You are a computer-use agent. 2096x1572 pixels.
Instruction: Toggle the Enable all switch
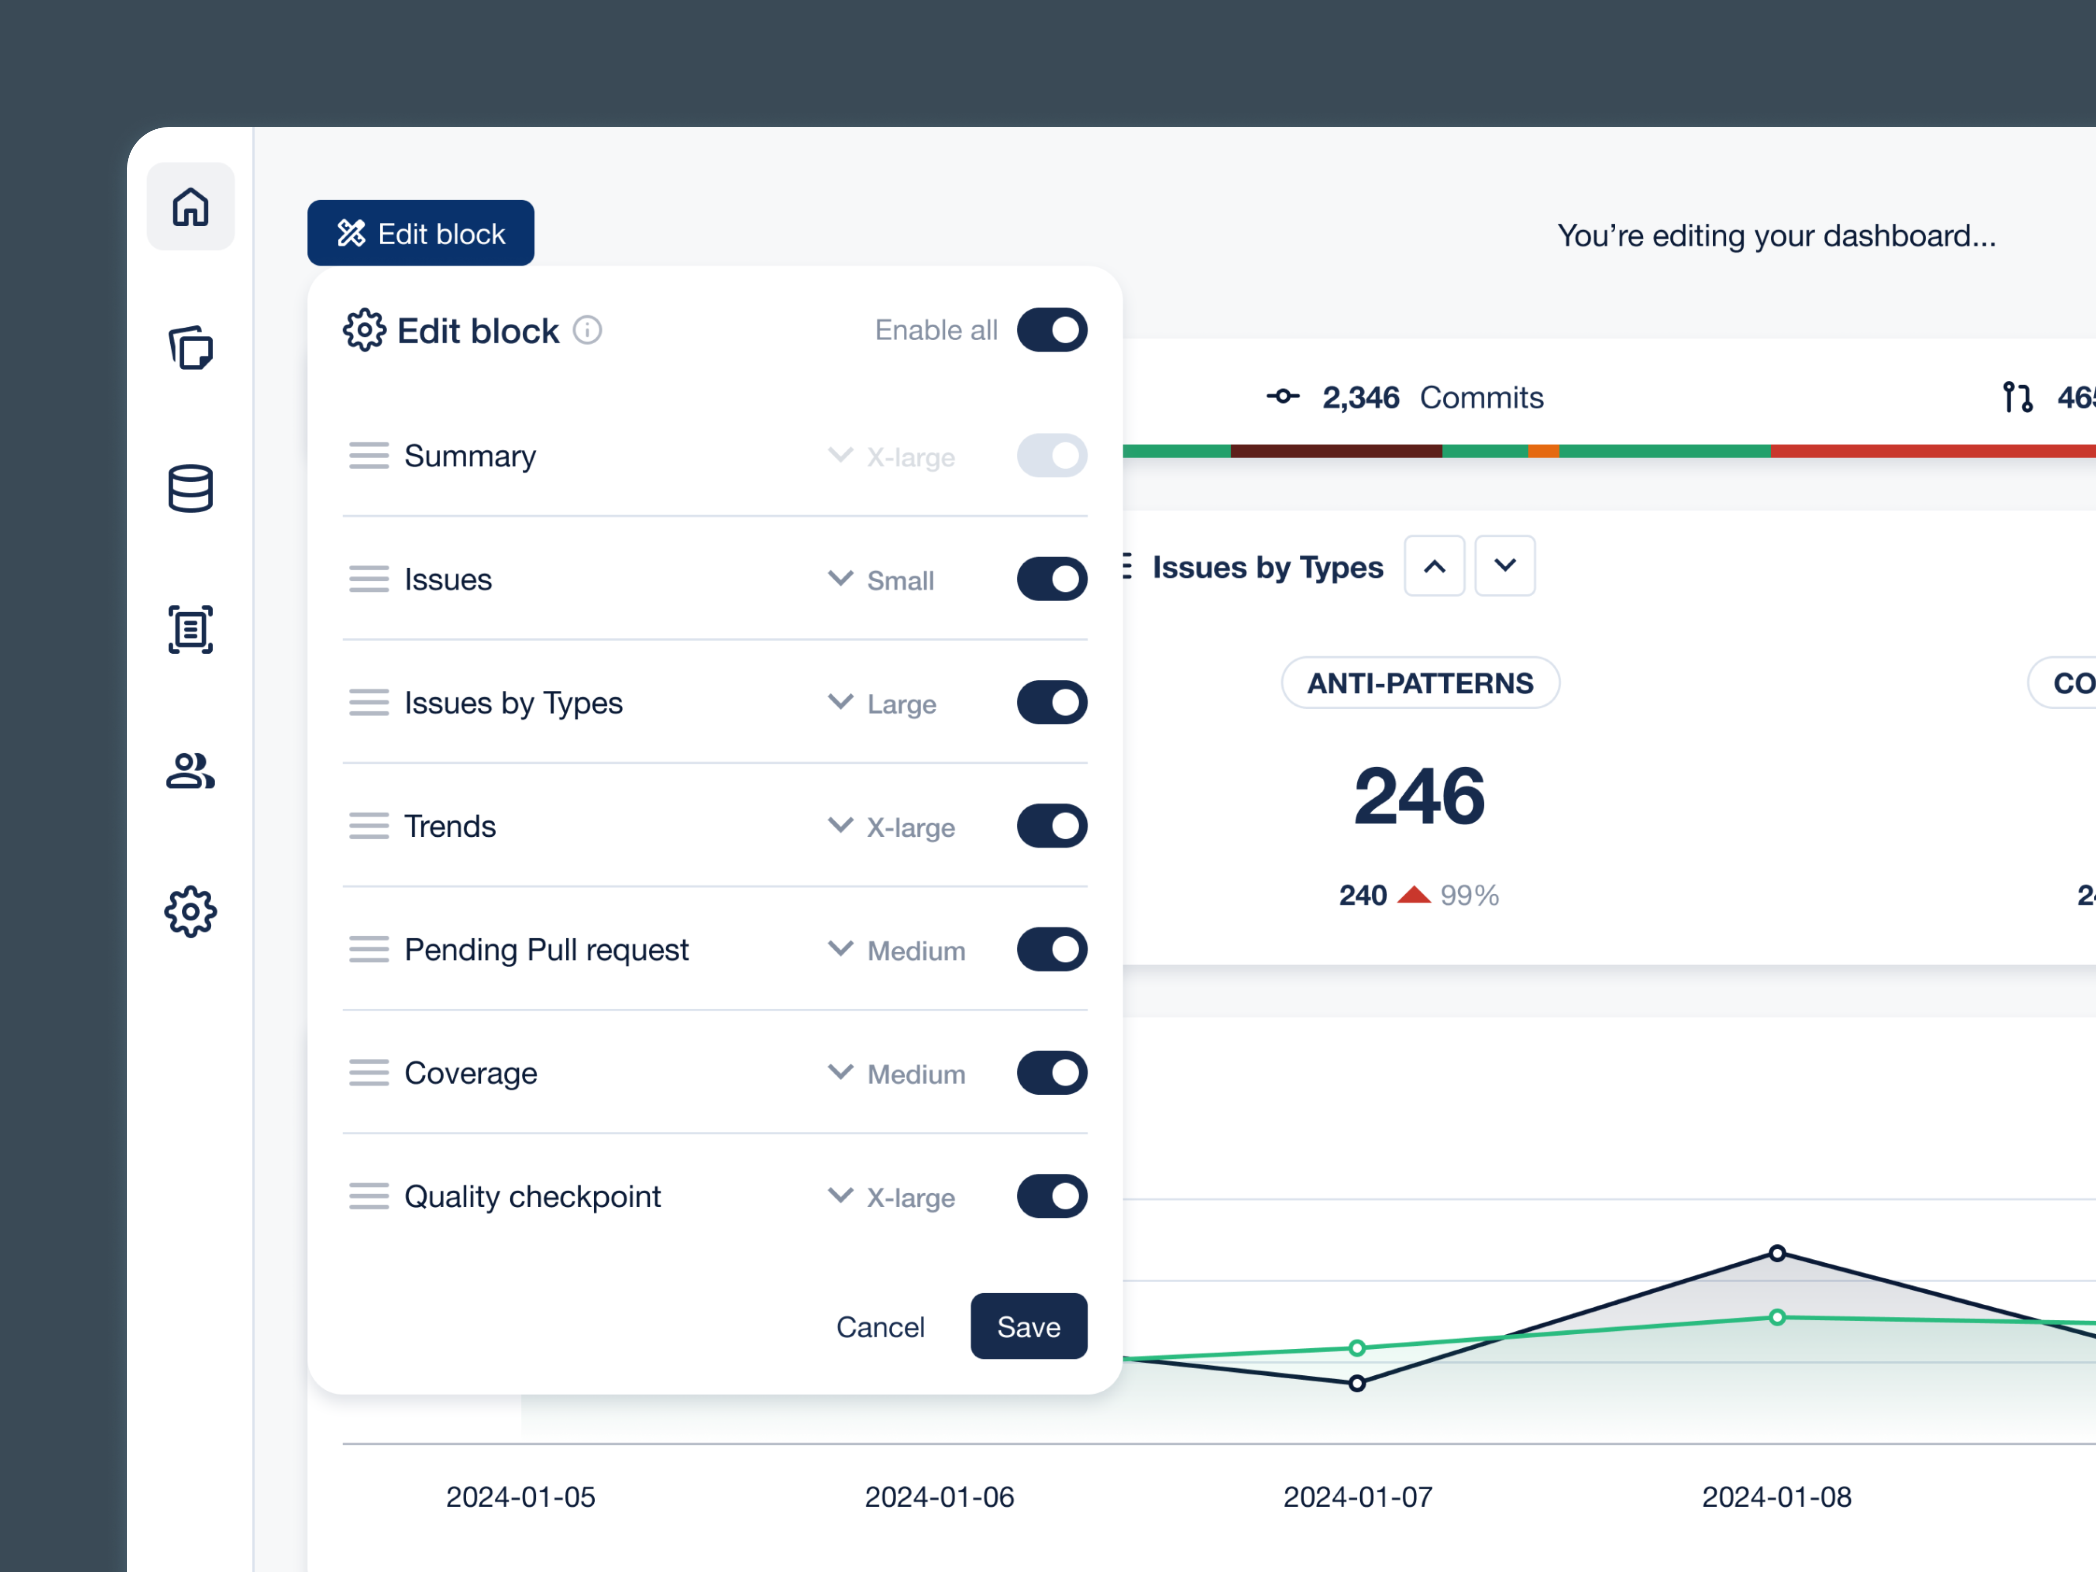click(x=1052, y=330)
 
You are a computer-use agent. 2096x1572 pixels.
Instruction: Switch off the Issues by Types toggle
click(x=1052, y=702)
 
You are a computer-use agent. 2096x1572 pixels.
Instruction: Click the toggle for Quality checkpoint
click(x=1052, y=1196)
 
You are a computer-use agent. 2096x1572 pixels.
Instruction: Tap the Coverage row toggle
click(x=1052, y=1073)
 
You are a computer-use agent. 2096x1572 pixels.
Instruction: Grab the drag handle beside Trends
click(x=369, y=826)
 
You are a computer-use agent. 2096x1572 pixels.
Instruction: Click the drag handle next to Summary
click(x=369, y=456)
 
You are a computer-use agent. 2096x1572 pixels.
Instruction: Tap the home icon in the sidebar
click(x=191, y=206)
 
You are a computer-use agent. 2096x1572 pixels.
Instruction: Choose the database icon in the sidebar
click(x=191, y=489)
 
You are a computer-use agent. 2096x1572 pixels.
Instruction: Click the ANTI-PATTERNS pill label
click(x=1419, y=683)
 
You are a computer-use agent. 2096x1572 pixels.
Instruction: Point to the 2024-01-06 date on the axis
click(x=939, y=1497)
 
